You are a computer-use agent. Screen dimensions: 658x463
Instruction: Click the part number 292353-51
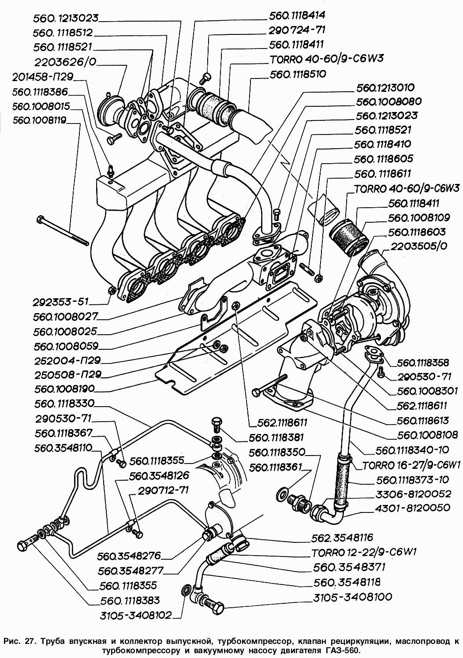click(60, 303)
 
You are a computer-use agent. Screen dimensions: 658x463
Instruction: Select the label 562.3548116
click(342, 538)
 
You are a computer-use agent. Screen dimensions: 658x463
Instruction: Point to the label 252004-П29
click(67, 360)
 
